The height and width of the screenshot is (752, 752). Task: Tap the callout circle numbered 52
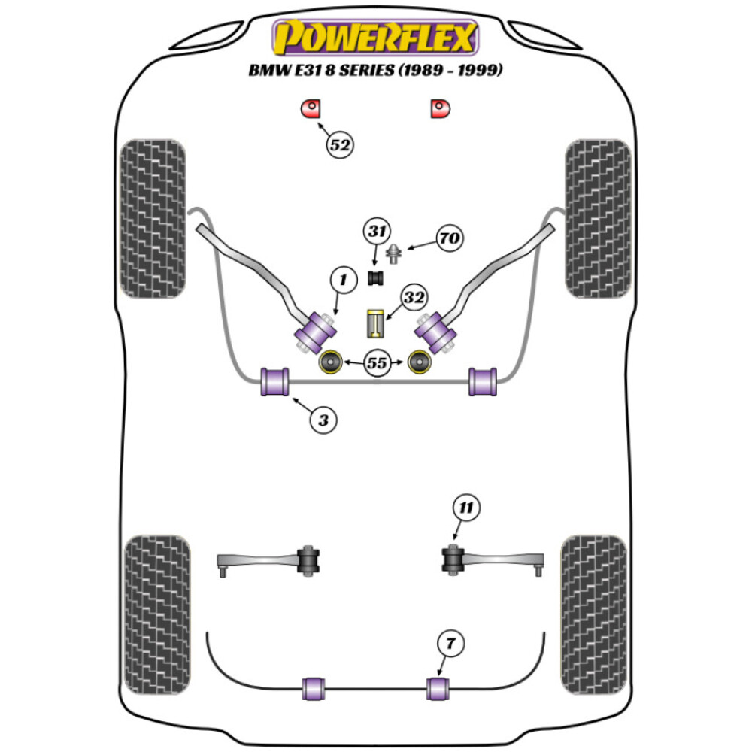pyautogui.click(x=340, y=144)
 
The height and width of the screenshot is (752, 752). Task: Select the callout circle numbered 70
pyautogui.click(x=450, y=240)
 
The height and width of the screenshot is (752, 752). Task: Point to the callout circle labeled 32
pyautogui.click(x=413, y=298)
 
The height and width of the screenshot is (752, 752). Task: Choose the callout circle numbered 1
pyautogui.click(x=343, y=281)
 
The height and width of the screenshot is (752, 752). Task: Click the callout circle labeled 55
pyautogui.click(x=376, y=363)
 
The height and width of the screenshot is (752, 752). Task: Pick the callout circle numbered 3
pyautogui.click(x=323, y=420)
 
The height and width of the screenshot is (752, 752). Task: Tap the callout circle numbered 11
pyautogui.click(x=465, y=508)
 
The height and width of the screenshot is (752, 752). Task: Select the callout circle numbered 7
pyautogui.click(x=450, y=644)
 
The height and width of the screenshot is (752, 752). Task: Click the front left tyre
pyautogui.click(x=153, y=218)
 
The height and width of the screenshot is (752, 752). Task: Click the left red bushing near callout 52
pyautogui.click(x=310, y=109)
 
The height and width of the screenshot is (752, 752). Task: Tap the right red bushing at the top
pyautogui.click(x=440, y=109)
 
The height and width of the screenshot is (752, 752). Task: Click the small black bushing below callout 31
pyautogui.click(x=375, y=277)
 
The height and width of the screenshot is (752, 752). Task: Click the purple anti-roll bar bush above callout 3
pyautogui.click(x=274, y=381)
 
